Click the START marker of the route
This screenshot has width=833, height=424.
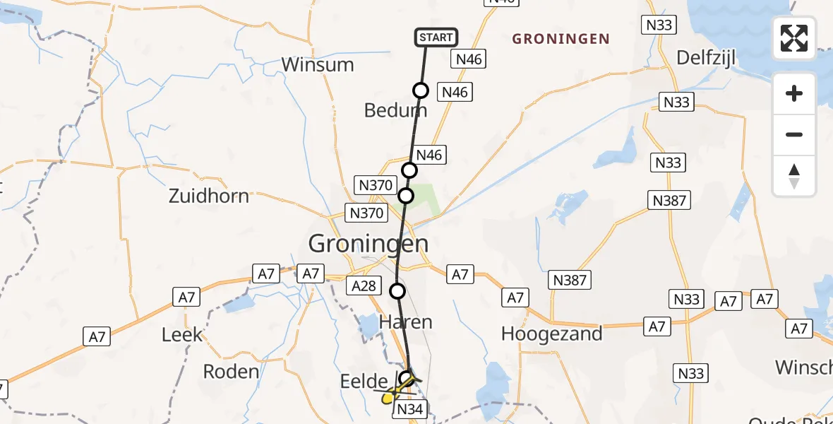click(x=437, y=37)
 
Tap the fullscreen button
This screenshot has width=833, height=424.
click(x=794, y=38)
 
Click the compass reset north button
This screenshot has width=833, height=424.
click(x=794, y=176)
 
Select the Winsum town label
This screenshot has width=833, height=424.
click(x=317, y=65)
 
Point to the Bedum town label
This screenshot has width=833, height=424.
click(x=395, y=110)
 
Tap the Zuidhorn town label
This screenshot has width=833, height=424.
click(x=209, y=196)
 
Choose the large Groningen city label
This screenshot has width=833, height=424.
click(x=368, y=245)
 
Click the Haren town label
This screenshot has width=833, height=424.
click(x=406, y=322)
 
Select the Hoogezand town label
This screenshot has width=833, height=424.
click(x=551, y=334)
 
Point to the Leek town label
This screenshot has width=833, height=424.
click(x=182, y=335)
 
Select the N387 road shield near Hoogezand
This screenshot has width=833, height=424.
click(x=570, y=281)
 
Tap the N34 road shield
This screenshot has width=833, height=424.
click(x=409, y=410)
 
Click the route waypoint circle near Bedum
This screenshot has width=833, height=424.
click(x=421, y=90)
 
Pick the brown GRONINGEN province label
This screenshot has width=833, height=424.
click(x=561, y=39)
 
